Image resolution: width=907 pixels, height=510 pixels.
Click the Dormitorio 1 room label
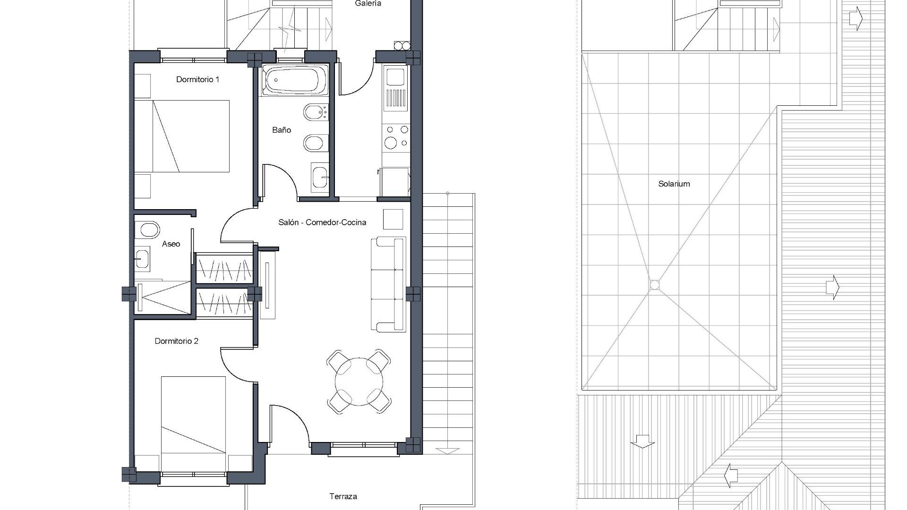[x=197, y=79]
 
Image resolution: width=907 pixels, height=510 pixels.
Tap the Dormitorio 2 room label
[x=176, y=341]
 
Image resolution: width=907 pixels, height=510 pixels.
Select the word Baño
[x=282, y=130]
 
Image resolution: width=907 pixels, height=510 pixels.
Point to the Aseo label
[x=171, y=244]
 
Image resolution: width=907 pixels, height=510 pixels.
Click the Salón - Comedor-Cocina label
[x=322, y=222]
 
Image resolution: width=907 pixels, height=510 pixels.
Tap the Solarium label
[x=674, y=184]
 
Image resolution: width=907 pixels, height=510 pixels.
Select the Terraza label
[x=343, y=496]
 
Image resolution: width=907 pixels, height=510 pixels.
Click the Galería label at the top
[x=368, y=4]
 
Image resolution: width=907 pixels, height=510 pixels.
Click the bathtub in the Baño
[x=295, y=80]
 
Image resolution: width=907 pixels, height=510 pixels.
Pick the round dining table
[x=358, y=382]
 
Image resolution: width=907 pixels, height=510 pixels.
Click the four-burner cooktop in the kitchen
[x=396, y=136]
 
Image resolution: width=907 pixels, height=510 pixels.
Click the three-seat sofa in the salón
[x=389, y=284]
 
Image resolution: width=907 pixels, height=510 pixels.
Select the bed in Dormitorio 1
[x=190, y=136]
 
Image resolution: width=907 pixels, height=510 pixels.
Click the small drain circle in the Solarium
[x=654, y=285]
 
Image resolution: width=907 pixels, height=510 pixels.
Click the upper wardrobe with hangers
[x=224, y=269]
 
